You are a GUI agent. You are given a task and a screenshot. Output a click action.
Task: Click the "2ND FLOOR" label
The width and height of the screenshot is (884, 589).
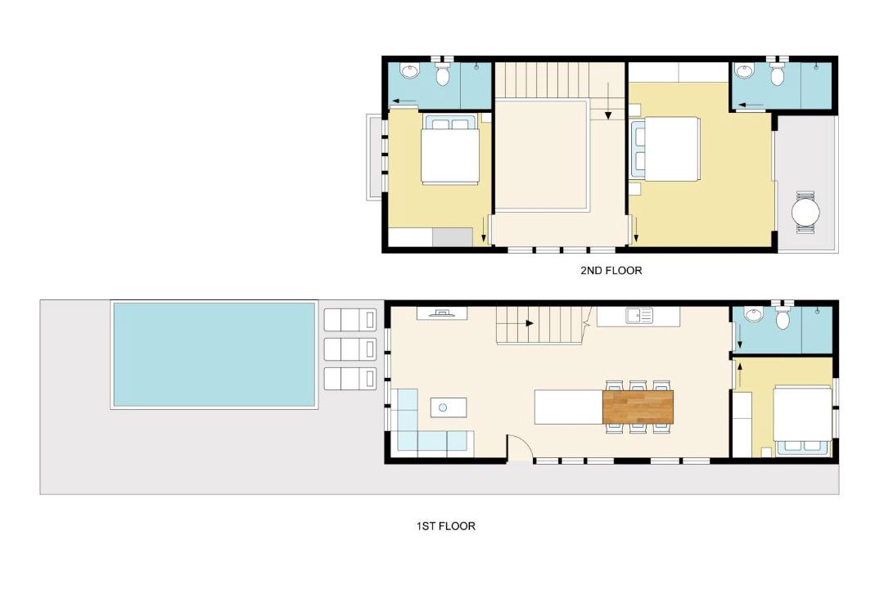coord(611,271)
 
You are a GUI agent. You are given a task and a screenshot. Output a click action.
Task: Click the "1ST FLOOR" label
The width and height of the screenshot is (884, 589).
coord(446,527)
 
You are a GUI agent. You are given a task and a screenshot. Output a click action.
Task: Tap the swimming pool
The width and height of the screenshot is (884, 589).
coord(214,354)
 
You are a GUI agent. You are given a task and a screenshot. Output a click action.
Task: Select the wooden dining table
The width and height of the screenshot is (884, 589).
coord(638,407)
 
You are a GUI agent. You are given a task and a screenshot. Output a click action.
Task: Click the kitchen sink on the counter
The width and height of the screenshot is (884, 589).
coord(639,316)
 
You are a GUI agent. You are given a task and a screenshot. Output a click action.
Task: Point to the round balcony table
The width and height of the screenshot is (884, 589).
coord(805,213)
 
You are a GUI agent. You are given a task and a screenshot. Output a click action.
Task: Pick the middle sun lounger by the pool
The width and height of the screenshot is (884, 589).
coord(350,349)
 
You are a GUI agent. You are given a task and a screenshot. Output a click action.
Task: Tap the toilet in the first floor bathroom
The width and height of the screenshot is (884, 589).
coord(783,316)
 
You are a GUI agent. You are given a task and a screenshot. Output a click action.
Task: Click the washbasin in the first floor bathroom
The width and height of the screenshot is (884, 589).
coord(753,314)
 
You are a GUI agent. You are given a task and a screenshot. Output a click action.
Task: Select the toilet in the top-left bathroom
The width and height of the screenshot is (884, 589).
coord(443,73)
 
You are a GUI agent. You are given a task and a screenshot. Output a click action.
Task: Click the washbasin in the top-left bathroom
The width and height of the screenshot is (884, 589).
coord(410,71)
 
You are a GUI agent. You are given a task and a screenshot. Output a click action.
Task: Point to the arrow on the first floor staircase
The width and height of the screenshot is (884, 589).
coord(530,323)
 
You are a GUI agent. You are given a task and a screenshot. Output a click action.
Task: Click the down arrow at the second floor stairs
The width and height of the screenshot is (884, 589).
coord(608,101)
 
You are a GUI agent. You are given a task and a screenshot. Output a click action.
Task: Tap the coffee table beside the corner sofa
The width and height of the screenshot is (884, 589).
coord(449,407)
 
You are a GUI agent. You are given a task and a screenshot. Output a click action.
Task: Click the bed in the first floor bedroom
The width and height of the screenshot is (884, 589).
coord(801,420)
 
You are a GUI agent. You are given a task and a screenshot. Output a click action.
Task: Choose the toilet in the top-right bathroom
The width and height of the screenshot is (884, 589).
coord(778,73)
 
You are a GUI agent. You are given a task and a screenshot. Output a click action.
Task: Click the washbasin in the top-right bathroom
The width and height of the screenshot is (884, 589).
coord(745,71)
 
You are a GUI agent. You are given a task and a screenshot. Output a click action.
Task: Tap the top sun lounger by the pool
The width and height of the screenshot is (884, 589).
coord(350,320)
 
